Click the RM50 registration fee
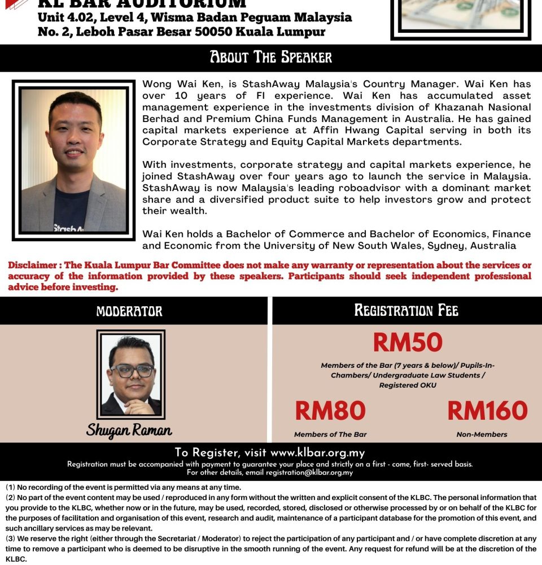pos(407,342)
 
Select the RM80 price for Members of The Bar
pos(330,411)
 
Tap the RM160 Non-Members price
pos(487,411)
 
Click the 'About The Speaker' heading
pos(271,58)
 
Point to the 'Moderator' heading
pos(129,311)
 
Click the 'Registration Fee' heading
pos(406,310)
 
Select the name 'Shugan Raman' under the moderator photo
pos(129,431)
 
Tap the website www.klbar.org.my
pos(317,453)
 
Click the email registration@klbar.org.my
pos(309,473)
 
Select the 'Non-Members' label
pos(482,434)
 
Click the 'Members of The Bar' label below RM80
pos(330,434)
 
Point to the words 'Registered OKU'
pos(407,385)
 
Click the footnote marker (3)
pos(11,538)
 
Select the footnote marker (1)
pos(11,487)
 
